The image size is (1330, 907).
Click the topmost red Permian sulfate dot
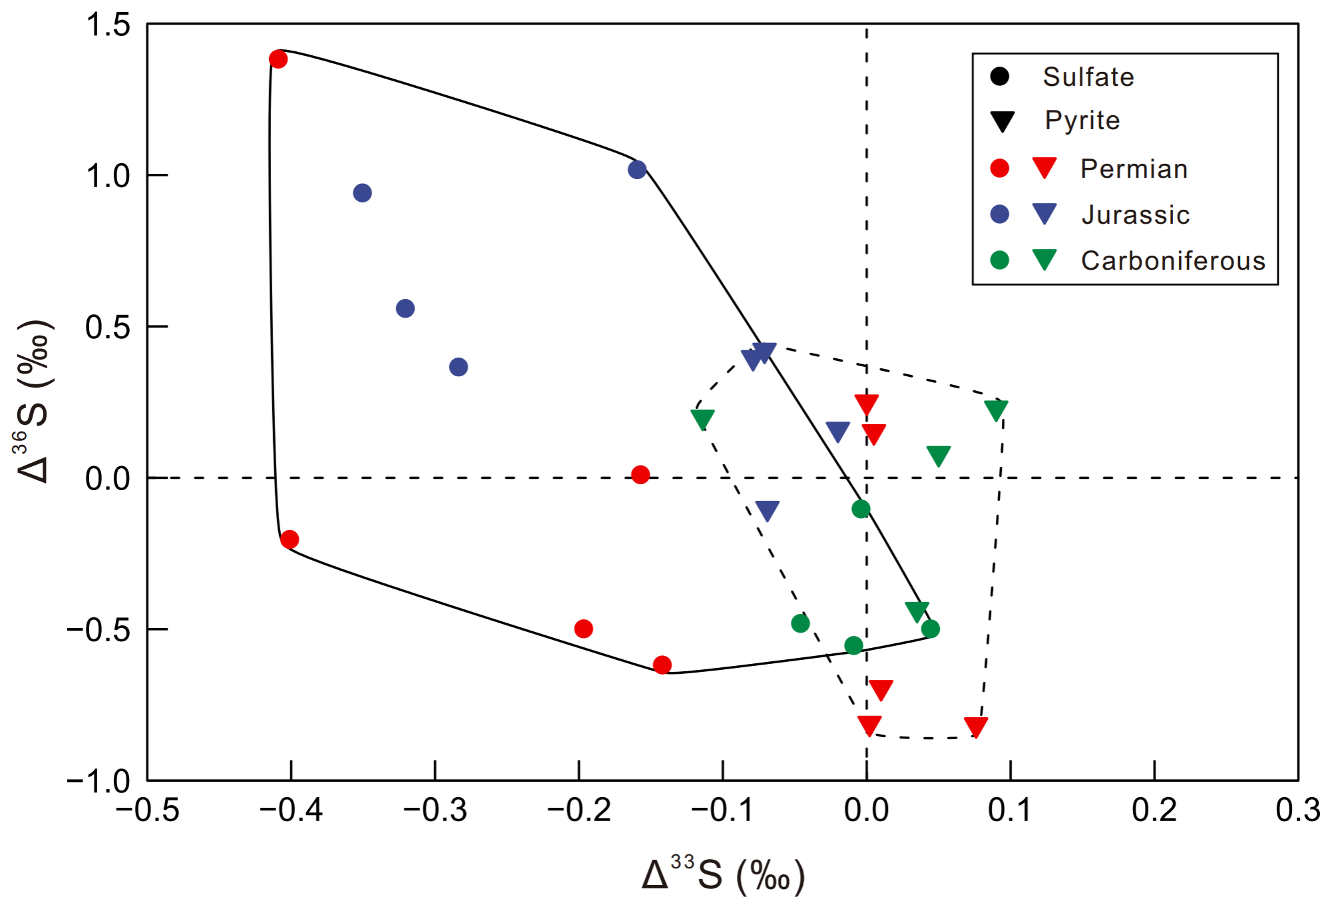coord(278,59)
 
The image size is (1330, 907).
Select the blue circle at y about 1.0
coord(637,170)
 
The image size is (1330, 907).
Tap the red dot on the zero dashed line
coord(640,475)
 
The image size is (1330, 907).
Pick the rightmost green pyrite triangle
coord(996,410)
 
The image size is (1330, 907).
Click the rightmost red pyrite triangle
coord(976,727)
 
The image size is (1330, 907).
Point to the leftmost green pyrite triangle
coord(703,419)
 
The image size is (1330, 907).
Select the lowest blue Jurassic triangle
coord(768,510)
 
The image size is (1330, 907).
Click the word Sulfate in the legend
coord(1088,77)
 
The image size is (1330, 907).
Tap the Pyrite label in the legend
coord(1082,121)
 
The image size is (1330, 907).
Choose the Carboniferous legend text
coord(1173,260)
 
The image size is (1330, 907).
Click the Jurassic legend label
coord(1136,214)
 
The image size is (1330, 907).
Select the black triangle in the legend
coord(1002,121)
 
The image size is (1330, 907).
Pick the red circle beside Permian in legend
coord(1000,168)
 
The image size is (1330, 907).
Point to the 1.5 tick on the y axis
coord(109,25)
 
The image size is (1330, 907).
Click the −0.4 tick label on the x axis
coord(291,810)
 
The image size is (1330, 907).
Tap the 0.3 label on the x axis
coord(1297,810)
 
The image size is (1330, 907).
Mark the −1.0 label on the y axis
coord(99,781)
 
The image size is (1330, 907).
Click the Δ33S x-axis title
coord(723,875)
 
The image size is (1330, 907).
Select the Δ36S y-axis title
coord(33,401)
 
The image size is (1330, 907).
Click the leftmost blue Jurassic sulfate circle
coord(362,193)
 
